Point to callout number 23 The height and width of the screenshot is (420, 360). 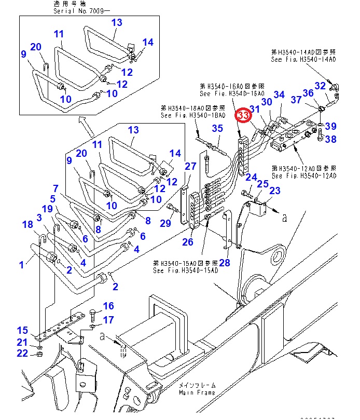[x=275, y=191]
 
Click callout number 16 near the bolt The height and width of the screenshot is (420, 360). [x=108, y=306]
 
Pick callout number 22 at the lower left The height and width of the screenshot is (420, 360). [x=22, y=354]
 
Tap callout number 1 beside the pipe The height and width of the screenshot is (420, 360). [x=22, y=265]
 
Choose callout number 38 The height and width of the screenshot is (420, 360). [x=331, y=139]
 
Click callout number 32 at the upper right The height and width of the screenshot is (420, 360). [x=321, y=86]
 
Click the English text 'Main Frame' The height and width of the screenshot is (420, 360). [x=197, y=392]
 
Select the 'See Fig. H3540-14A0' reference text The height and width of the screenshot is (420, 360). [x=303, y=60]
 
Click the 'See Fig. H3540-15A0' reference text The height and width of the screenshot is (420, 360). [x=185, y=270]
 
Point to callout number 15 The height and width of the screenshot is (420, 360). [x=22, y=330]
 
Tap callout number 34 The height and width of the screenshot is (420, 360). [x=279, y=94]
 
